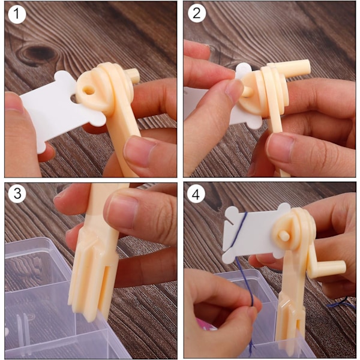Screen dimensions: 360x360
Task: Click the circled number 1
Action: point(17,14)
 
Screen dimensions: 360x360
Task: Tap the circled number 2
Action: point(197,13)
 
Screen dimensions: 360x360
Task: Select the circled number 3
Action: point(17,194)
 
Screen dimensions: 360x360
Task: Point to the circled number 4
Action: point(196,194)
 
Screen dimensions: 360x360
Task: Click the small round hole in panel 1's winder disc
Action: point(89,91)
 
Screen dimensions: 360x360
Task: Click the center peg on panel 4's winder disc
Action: point(284,236)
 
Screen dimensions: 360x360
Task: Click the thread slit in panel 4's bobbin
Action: point(229,221)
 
